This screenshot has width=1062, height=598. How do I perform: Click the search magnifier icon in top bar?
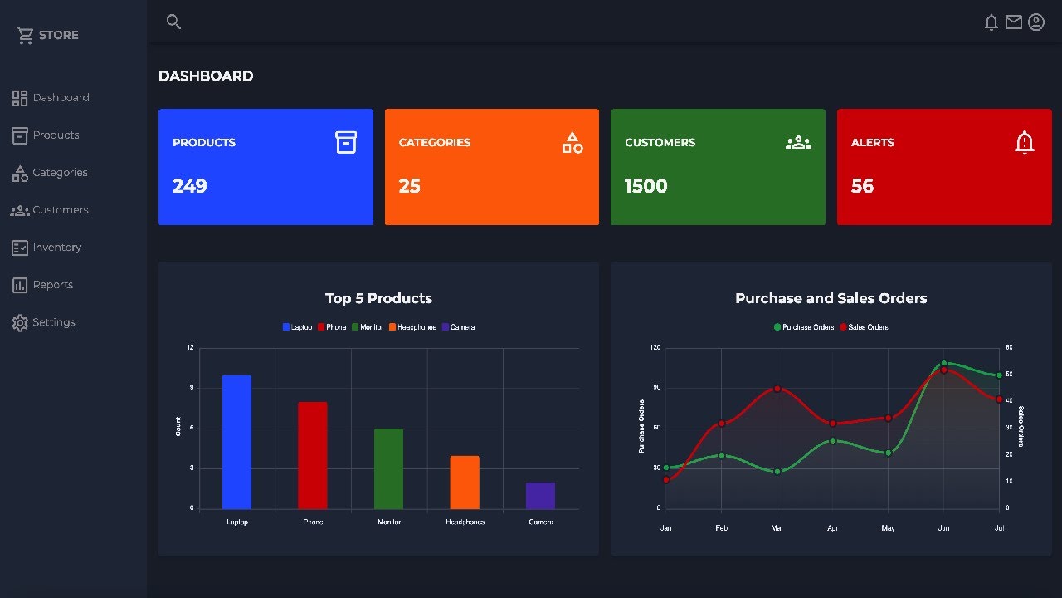[x=173, y=22]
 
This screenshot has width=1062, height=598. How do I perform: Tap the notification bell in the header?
[x=991, y=22]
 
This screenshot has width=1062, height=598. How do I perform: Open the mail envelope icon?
[x=1013, y=22]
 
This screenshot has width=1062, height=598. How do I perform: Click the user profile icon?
[x=1035, y=22]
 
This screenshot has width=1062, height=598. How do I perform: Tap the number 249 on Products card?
[x=190, y=186]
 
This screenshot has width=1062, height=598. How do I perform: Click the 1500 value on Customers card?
[x=646, y=186]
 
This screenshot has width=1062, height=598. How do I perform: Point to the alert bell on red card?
[x=1025, y=143]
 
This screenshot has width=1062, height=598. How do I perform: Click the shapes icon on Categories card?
[x=572, y=143]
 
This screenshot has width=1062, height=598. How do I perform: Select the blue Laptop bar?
[x=236, y=442]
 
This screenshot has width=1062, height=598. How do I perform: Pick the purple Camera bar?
[x=540, y=496]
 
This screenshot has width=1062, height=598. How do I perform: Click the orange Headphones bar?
[x=465, y=483]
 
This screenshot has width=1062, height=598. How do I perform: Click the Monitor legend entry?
[x=368, y=327]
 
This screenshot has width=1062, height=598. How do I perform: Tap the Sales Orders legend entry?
[x=864, y=327]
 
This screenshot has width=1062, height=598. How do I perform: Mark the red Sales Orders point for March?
[x=777, y=389]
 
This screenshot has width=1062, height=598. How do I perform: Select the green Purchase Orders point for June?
[x=943, y=363]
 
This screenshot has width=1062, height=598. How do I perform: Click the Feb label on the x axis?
[x=721, y=528]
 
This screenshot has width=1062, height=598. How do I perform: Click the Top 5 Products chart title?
[x=378, y=298]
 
